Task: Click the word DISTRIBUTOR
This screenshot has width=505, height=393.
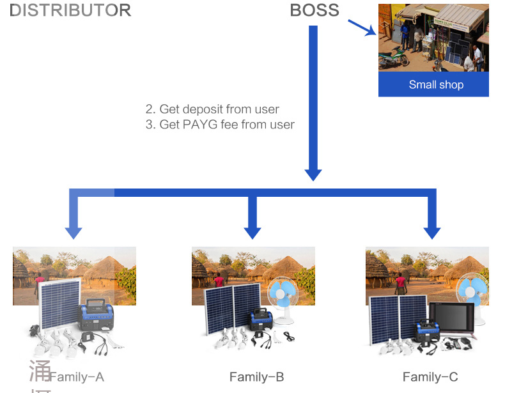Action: (70, 10)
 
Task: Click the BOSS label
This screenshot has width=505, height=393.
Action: (315, 10)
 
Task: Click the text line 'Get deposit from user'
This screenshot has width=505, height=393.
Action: (212, 109)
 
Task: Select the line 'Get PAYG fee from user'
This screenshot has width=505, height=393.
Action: (220, 125)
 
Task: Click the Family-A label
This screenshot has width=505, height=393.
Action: (76, 377)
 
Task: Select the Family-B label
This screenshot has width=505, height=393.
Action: (256, 377)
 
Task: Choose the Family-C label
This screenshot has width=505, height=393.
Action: (430, 377)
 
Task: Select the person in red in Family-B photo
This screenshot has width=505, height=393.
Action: (219, 282)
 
